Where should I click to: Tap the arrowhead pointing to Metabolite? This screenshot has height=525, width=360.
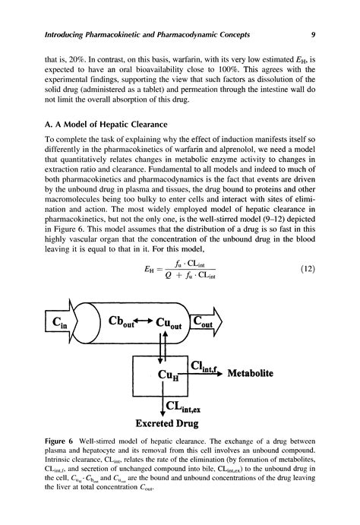tap(231, 373)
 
